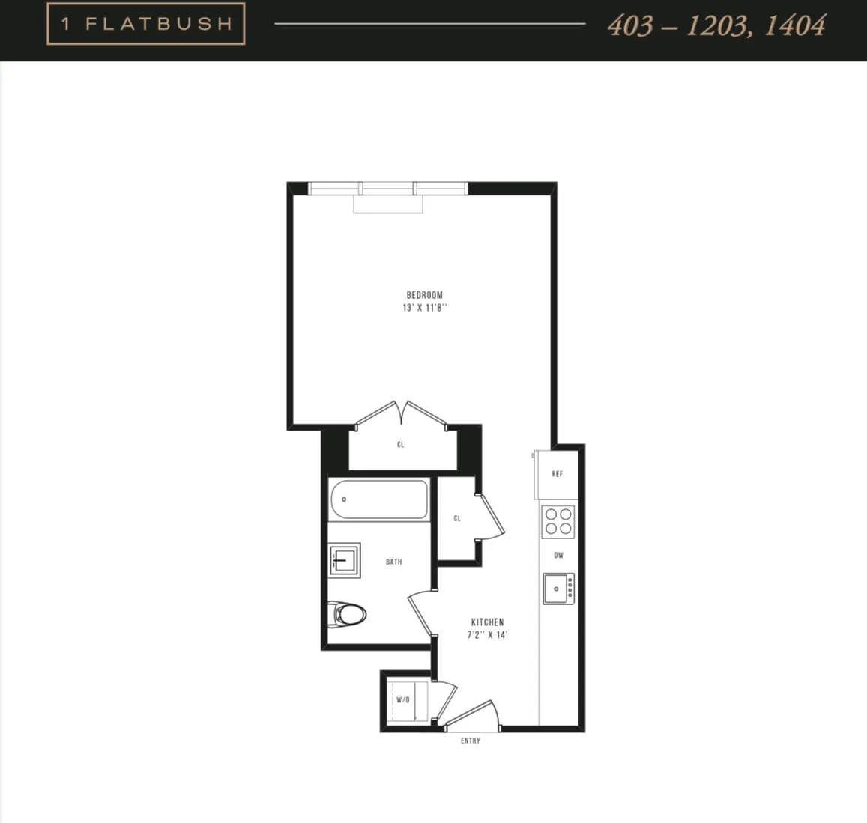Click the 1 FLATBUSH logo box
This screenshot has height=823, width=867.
[x=146, y=24]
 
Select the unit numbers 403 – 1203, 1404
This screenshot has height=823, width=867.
[x=716, y=26]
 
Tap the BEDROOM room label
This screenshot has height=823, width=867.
[x=424, y=295]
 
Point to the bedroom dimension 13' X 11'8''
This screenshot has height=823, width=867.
[x=424, y=308]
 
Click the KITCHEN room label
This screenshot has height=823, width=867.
[x=487, y=622]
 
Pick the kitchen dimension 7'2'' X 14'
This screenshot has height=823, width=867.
[x=487, y=635]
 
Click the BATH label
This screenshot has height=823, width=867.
[x=393, y=562]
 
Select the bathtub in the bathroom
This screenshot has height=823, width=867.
[x=378, y=499]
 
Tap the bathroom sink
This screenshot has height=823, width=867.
[x=345, y=560]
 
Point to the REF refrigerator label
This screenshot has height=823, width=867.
[x=557, y=474]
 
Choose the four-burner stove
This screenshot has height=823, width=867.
[x=558, y=521]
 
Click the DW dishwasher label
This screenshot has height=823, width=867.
[x=558, y=556]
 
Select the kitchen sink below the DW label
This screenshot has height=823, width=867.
[x=558, y=589]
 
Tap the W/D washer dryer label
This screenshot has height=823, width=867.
[x=403, y=700]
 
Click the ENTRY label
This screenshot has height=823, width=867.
[x=471, y=741]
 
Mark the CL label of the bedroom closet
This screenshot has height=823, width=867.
[x=401, y=445]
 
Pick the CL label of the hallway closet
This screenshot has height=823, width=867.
[x=457, y=518]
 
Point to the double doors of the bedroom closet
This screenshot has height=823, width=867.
[x=402, y=413]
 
